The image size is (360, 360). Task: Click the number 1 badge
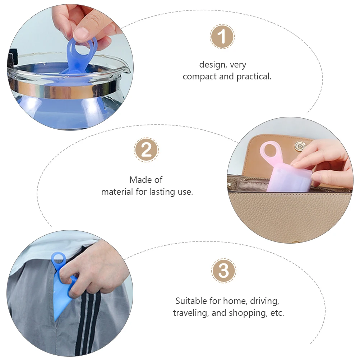[x=222, y=36]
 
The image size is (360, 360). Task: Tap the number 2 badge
[x=146, y=150]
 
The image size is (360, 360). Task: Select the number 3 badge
[x=223, y=271]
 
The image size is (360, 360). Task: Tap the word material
[x=117, y=192]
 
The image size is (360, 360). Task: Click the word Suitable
[x=191, y=301]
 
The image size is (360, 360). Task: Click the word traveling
[x=191, y=313]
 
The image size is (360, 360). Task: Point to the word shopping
[x=248, y=313]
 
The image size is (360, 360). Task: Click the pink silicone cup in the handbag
[x=287, y=180]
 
